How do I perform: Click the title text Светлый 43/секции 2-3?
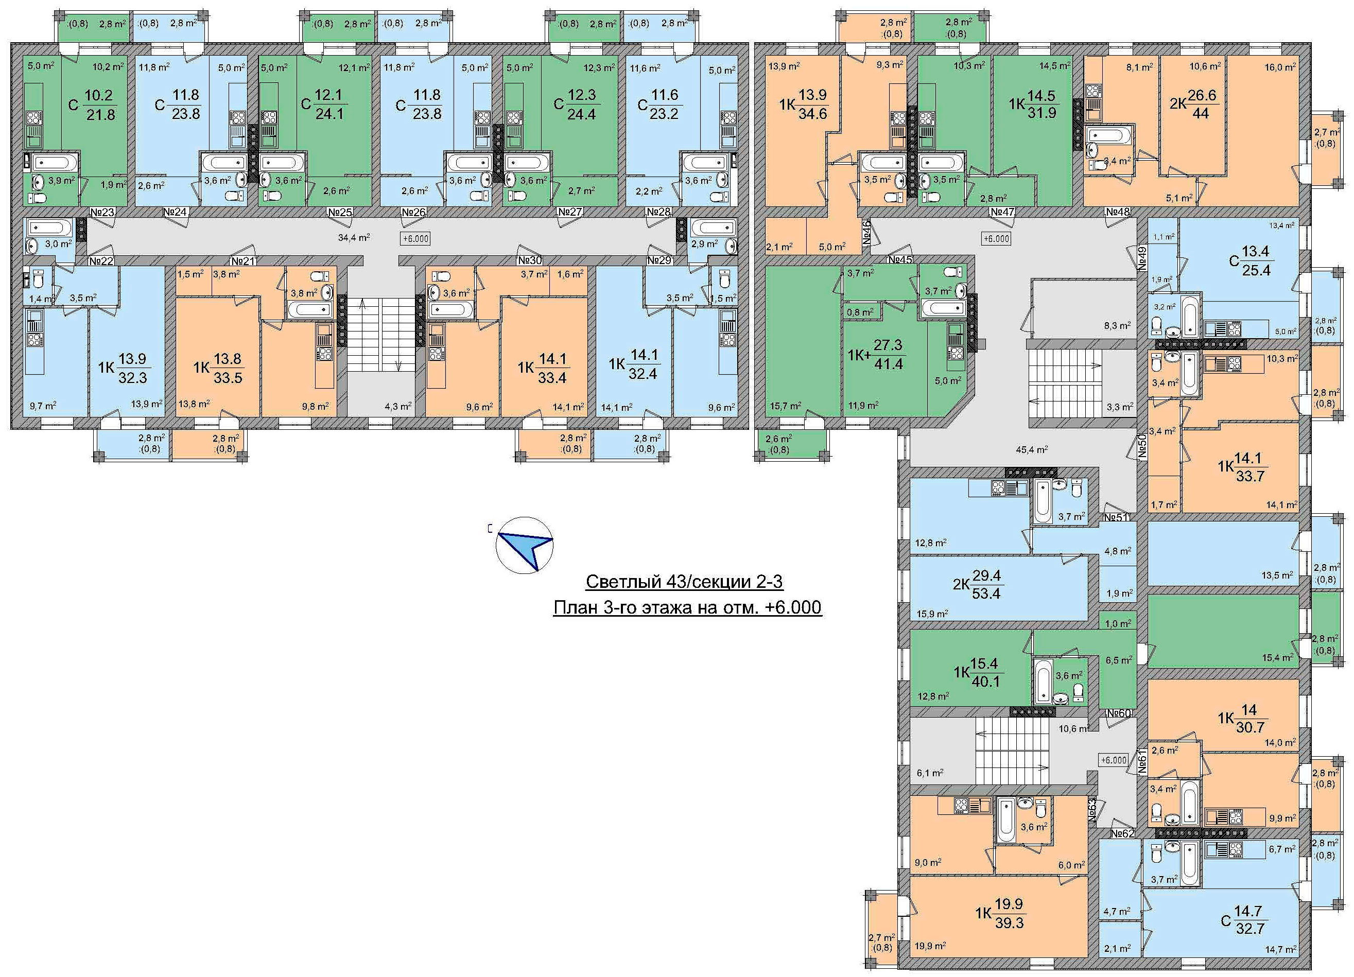click(684, 582)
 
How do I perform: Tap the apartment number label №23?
click(102, 212)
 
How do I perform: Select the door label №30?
click(530, 260)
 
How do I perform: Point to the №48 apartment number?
click(1118, 212)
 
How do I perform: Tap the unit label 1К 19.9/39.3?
click(1001, 914)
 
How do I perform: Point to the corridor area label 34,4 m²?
click(354, 237)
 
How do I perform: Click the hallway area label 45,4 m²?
click(1032, 450)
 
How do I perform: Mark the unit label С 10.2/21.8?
click(92, 105)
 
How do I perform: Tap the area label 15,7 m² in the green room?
click(785, 406)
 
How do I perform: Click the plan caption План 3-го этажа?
click(688, 607)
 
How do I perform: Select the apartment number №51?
click(1115, 517)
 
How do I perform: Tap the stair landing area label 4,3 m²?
click(398, 407)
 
